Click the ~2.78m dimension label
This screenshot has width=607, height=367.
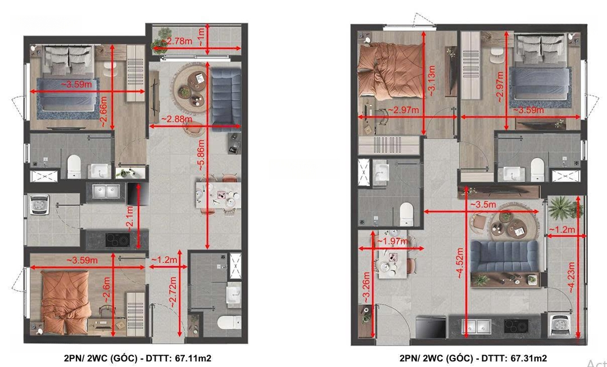tap(176, 41)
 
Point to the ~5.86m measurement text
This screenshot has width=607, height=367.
tap(201, 154)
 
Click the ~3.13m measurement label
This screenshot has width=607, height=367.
tap(432, 81)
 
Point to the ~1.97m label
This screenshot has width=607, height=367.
tap(392, 242)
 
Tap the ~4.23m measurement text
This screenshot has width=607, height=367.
tap(570, 277)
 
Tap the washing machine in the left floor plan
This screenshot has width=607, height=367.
tap(39, 203)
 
